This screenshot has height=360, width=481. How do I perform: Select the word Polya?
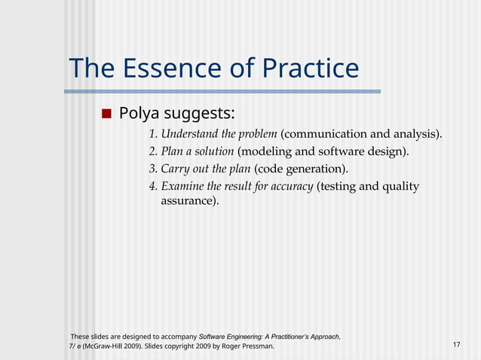[141, 114]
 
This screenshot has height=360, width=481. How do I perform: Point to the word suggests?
[201, 114]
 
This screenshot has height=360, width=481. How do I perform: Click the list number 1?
[152, 135]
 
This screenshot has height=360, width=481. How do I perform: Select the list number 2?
[152, 152]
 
